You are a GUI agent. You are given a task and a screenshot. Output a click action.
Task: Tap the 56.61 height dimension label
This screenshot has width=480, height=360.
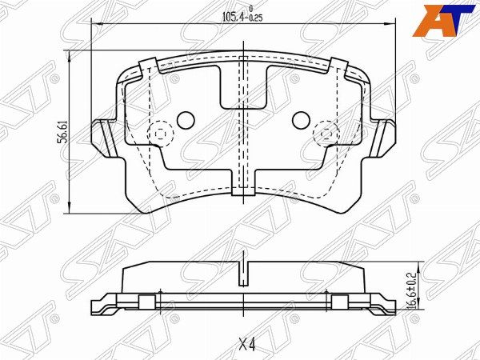[61, 130]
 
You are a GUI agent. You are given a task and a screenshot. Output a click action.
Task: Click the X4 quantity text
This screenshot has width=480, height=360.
[246, 346]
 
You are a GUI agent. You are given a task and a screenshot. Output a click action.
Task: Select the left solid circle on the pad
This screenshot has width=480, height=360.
[185, 120]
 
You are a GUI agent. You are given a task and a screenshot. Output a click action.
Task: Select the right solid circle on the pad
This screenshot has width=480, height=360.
[302, 120]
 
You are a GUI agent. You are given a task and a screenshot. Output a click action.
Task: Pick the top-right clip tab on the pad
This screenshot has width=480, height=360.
[339, 66]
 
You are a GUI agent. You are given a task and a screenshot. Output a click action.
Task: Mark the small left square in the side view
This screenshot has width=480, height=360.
[146, 301]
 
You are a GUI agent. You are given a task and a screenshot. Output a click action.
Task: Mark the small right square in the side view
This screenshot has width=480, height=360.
[339, 301]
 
